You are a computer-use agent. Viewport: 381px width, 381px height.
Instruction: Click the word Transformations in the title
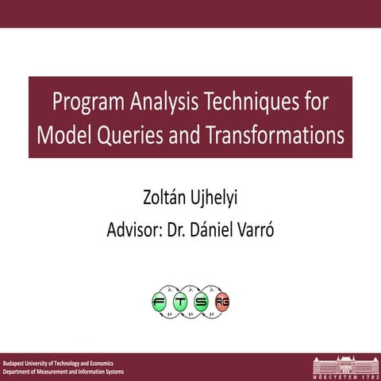tap(270, 135)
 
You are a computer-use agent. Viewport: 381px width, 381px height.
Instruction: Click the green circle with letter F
tap(161, 302)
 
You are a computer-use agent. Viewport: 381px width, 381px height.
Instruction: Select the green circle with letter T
tap(181, 302)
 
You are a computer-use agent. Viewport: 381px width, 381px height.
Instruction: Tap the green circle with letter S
tap(202, 302)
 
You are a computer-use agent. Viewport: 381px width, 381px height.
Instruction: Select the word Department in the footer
tap(20, 371)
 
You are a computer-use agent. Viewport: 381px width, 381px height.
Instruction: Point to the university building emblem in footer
tap(344, 366)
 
